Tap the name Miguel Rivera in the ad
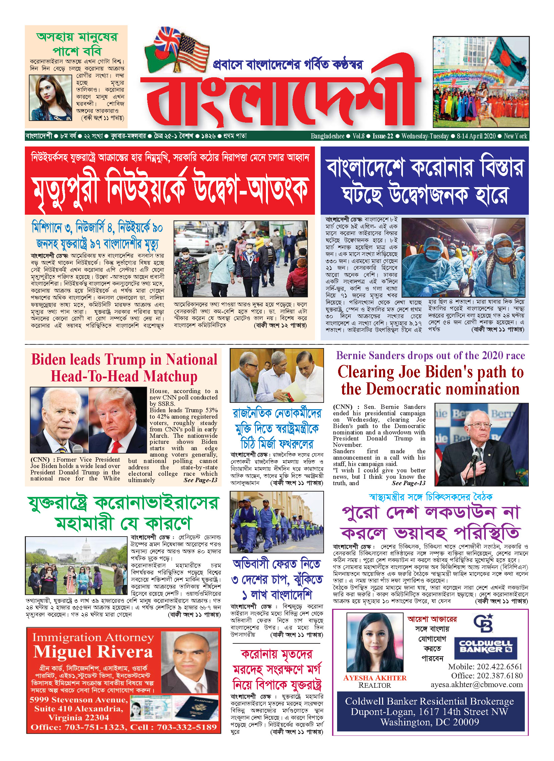[x=93, y=652]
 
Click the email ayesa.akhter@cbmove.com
[x=477, y=684]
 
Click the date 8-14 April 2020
[x=476, y=136]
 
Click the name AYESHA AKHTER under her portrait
[x=375, y=678]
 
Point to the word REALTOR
[x=375, y=685]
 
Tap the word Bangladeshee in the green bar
[x=327, y=136]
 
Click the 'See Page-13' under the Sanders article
[x=408, y=483]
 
